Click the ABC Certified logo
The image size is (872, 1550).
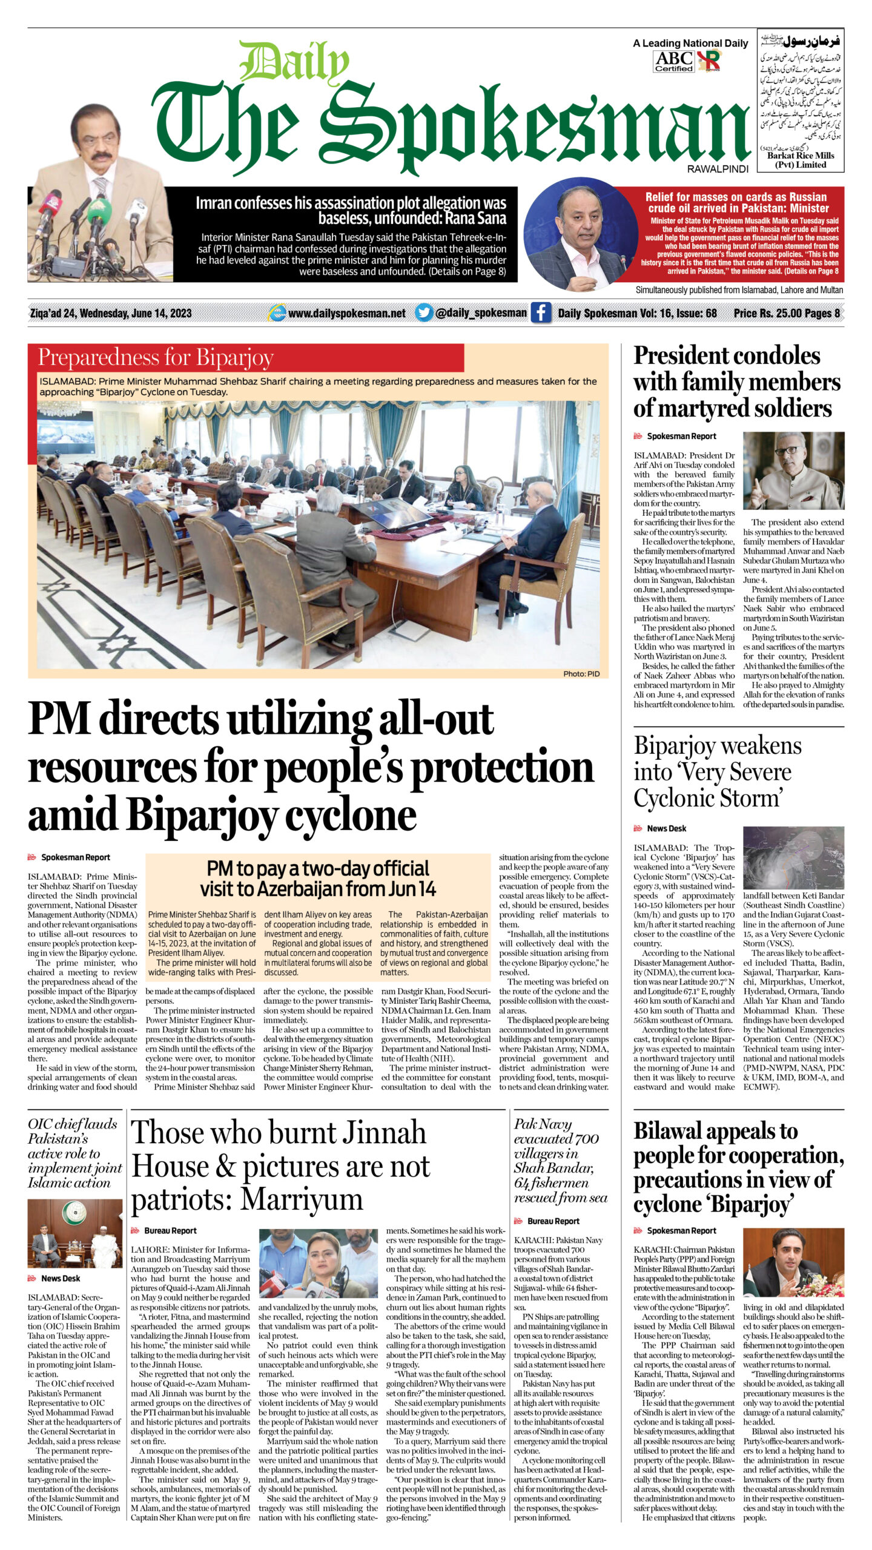[673, 61]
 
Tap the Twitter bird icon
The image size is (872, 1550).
[424, 313]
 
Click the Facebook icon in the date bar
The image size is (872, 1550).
[541, 313]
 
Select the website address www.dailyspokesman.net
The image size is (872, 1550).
[346, 313]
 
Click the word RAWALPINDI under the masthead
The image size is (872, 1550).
[718, 170]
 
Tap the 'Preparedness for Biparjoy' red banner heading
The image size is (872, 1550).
[156, 358]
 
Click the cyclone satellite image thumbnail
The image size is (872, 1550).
[793, 858]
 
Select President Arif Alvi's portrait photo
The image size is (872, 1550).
[793, 470]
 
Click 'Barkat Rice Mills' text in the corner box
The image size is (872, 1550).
[800, 156]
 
